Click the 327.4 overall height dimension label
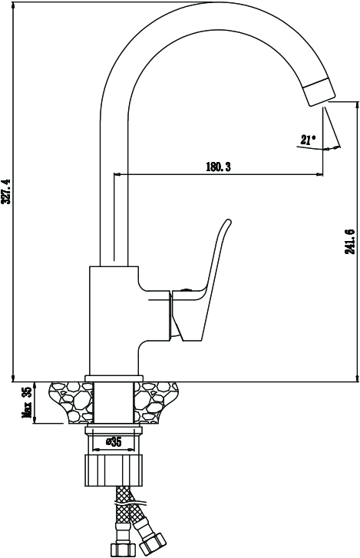pos(7,191)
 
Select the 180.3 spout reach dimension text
pos(218,167)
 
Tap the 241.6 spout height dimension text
pos(350,241)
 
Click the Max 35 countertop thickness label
pos(28,403)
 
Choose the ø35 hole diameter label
pos(114,442)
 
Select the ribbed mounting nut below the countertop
pos(114,470)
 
